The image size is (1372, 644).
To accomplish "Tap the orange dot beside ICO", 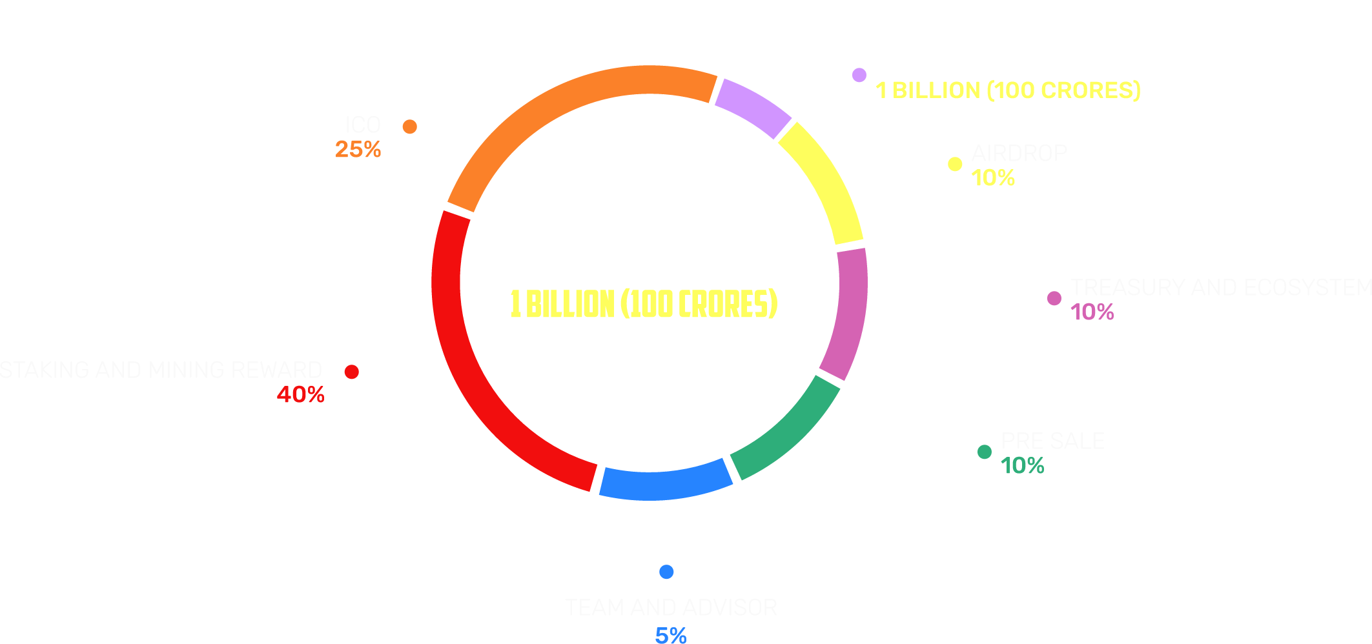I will click(409, 126).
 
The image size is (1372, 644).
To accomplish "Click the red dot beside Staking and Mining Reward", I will click(351, 372).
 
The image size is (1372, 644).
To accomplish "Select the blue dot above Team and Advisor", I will click(666, 572).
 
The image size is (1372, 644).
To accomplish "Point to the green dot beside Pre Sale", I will click(984, 452).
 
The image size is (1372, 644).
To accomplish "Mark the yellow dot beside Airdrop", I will click(955, 165).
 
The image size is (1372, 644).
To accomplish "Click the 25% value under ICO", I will click(358, 150).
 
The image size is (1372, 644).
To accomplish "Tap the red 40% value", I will click(300, 394).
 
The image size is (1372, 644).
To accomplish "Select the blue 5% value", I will click(671, 636).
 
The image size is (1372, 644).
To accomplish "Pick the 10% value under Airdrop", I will click(993, 178).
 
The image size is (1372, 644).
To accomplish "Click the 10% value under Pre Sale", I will click(1022, 465).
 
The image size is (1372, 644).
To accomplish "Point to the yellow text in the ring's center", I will click(644, 304).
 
